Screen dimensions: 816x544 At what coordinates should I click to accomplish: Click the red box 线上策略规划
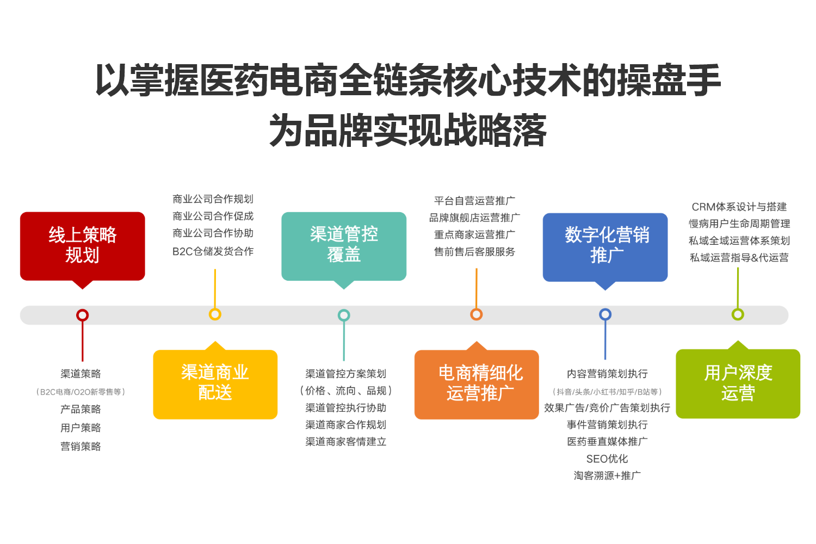(x=82, y=246)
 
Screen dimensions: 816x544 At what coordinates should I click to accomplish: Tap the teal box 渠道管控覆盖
(x=344, y=246)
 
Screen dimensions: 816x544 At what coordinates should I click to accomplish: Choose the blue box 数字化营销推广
(x=605, y=248)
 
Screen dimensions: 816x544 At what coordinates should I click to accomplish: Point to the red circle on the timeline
(x=82, y=315)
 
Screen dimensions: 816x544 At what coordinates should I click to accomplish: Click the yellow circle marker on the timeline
(x=215, y=314)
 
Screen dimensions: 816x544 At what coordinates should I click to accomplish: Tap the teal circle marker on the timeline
(x=344, y=315)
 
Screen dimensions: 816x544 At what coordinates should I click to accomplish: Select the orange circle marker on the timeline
(x=477, y=314)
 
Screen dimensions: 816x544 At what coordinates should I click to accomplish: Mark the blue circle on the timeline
(x=605, y=314)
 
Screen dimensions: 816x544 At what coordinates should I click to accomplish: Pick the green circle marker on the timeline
(x=738, y=314)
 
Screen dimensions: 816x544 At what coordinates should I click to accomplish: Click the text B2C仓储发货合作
(x=213, y=251)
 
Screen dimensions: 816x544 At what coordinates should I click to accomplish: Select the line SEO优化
(x=607, y=459)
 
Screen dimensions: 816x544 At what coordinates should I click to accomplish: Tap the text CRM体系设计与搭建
(x=739, y=207)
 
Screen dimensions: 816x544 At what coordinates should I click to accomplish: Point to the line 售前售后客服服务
(x=474, y=251)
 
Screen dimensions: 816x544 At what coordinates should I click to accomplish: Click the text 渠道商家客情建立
(x=345, y=442)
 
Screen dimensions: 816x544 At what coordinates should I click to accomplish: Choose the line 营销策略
(x=81, y=446)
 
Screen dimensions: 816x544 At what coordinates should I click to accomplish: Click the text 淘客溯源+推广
(x=607, y=475)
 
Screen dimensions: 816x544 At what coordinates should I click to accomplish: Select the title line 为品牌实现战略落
(x=407, y=129)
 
